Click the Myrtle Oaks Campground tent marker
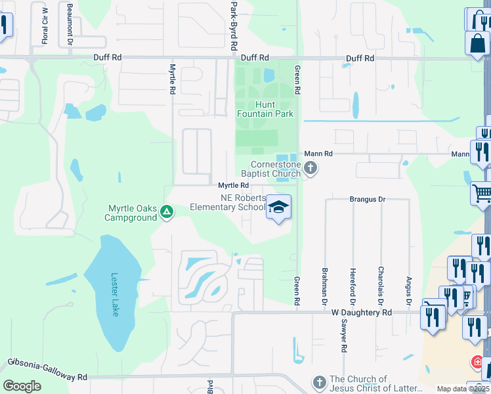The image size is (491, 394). pyautogui.click(x=167, y=211)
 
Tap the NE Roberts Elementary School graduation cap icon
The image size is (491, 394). pyautogui.click(x=278, y=208)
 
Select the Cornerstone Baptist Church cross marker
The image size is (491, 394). pyautogui.click(x=310, y=169)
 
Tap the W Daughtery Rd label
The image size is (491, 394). pyautogui.click(x=360, y=313)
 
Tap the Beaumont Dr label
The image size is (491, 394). pyautogui.click(x=69, y=24)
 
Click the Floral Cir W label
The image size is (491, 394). pyautogui.click(x=45, y=25)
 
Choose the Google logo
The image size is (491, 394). pyautogui.click(x=22, y=385)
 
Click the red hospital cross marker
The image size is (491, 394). pyautogui.click(x=478, y=362)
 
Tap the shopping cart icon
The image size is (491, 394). pyautogui.click(x=481, y=193)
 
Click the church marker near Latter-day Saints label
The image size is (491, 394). pyautogui.click(x=319, y=382)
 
